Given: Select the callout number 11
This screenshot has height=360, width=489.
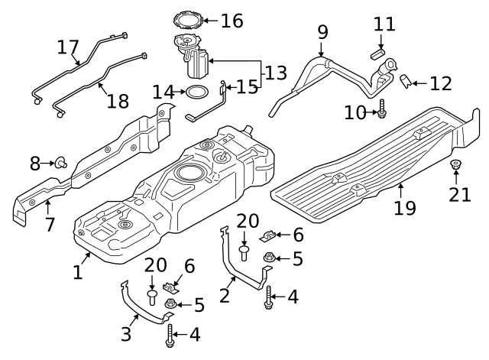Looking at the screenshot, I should (384, 24).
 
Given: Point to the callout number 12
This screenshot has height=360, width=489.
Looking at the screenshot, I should (440, 83).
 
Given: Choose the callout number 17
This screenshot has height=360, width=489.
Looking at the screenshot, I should (68, 47).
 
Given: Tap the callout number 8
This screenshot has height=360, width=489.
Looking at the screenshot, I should (35, 163).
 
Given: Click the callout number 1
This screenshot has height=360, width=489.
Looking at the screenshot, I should (77, 271).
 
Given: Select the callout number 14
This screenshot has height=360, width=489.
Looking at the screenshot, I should (164, 92).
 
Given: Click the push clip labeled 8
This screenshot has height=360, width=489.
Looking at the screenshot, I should (59, 162).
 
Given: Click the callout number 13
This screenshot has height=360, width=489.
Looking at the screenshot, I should (277, 74).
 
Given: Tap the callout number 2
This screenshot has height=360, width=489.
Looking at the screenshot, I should (224, 295).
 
